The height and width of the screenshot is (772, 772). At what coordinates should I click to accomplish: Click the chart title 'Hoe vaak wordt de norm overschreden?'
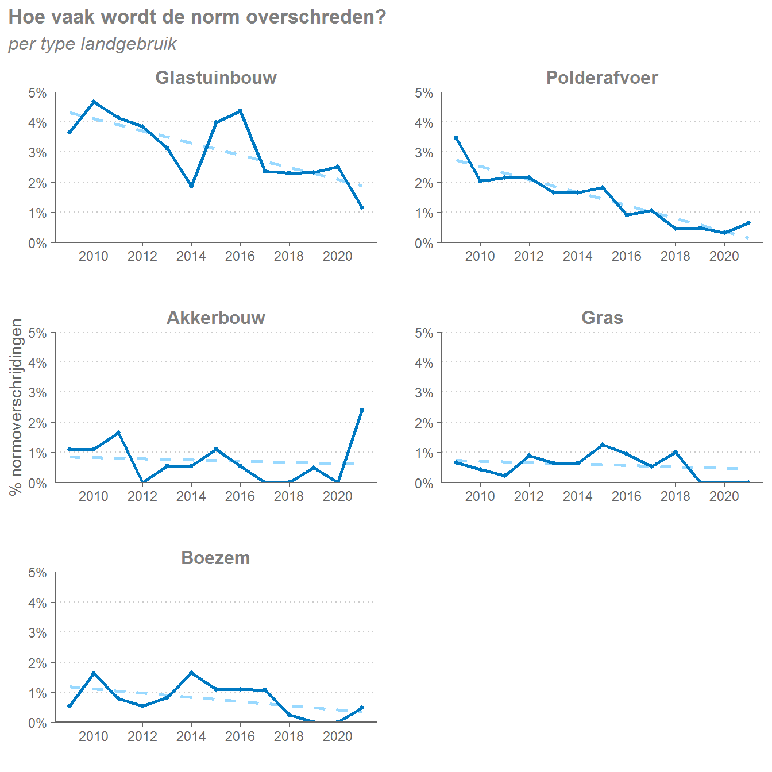(x=197, y=17)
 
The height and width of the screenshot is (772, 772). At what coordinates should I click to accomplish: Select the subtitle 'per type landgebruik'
(x=92, y=44)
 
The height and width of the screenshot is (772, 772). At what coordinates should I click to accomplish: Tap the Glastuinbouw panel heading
(x=215, y=78)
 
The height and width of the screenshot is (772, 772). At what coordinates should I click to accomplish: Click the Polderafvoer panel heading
(x=601, y=78)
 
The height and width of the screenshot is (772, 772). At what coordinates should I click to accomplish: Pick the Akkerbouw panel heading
(x=215, y=318)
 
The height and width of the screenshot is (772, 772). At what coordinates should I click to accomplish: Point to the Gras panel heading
(x=601, y=318)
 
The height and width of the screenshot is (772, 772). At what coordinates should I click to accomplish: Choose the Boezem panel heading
(x=215, y=558)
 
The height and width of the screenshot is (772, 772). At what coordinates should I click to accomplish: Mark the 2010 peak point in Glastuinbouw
(x=94, y=102)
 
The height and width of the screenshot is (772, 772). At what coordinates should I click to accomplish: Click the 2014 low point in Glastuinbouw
(x=191, y=186)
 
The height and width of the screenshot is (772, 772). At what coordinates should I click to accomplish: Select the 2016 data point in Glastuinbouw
(x=240, y=111)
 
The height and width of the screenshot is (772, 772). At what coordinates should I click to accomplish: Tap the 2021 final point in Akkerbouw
(x=362, y=410)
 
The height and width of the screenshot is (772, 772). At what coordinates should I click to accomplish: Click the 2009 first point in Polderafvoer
(x=456, y=138)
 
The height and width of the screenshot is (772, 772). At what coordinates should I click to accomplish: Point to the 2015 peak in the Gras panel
(x=603, y=445)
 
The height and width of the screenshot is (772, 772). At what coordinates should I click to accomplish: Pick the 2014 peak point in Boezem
(x=191, y=673)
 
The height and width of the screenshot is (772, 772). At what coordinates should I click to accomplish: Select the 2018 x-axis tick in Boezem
(x=289, y=736)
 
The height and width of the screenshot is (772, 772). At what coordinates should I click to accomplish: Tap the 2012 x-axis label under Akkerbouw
(x=142, y=496)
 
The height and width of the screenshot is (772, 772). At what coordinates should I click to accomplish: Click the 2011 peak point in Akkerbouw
(x=118, y=433)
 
